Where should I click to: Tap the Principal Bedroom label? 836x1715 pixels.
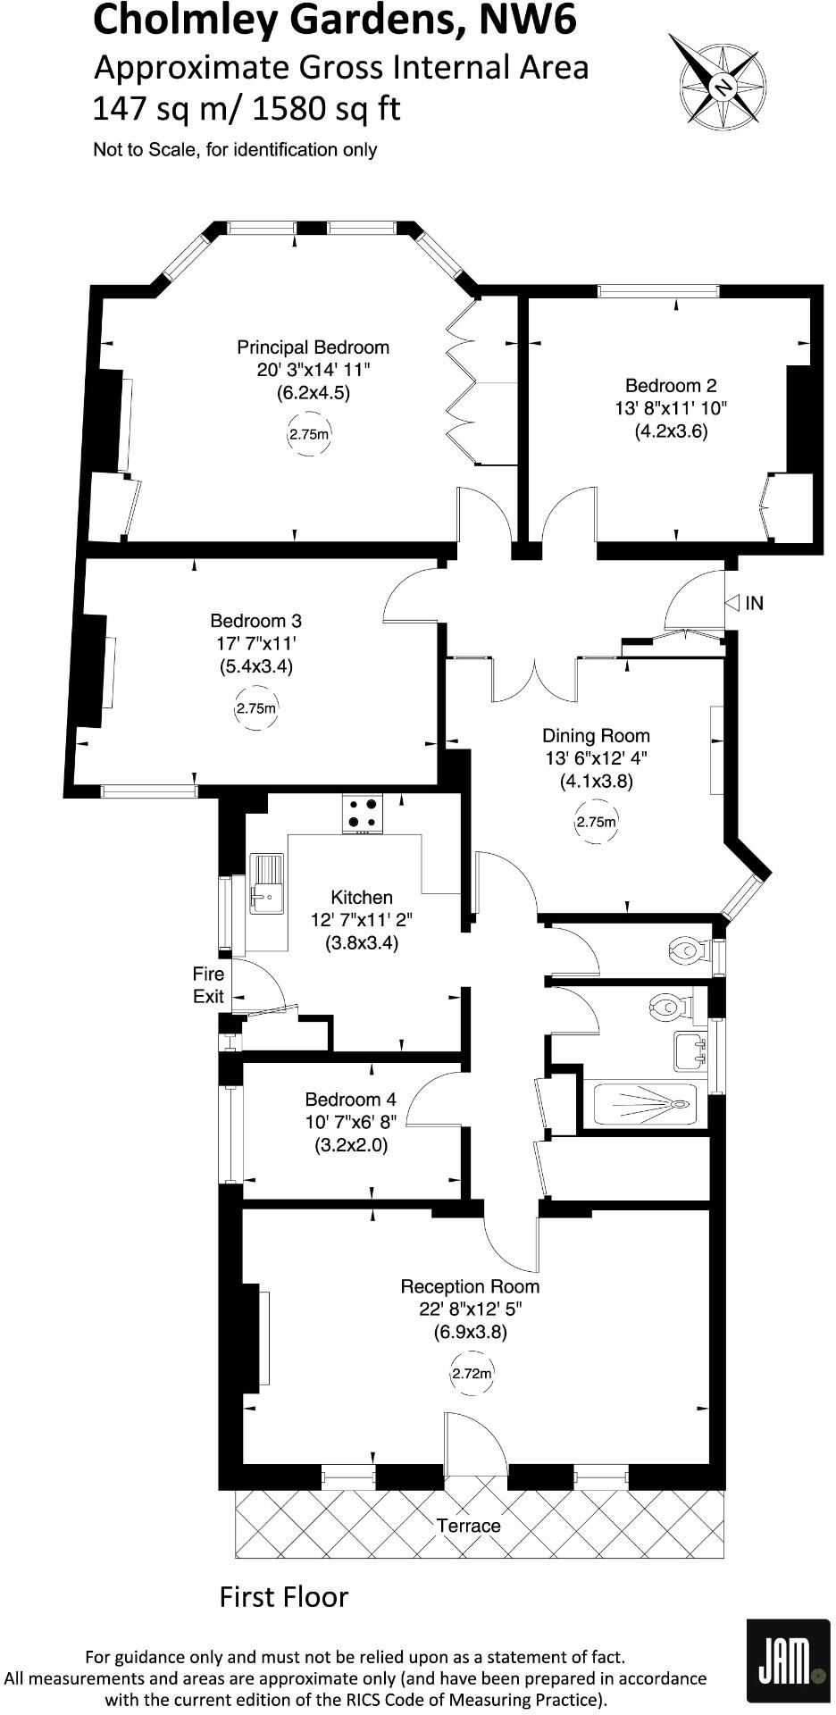[x=313, y=347]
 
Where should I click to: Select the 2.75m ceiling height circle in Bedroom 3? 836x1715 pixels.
[x=256, y=709]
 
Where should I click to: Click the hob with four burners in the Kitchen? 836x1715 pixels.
[x=363, y=812]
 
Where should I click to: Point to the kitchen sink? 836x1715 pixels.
[x=266, y=885]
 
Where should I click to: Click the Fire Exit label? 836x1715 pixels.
[x=208, y=984]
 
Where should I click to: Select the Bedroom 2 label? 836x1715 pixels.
[x=670, y=386]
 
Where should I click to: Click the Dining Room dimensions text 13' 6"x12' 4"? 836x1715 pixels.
[x=596, y=758]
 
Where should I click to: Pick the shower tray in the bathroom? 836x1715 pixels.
[x=644, y=1104]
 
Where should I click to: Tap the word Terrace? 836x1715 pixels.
[x=468, y=1526]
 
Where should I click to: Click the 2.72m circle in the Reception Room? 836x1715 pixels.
[x=472, y=1374]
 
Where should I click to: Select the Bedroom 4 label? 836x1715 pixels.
[x=350, y=1100]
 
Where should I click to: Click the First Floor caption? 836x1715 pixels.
[x=284, y=1596]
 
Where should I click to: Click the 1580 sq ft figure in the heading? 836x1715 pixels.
[x=327, y=108]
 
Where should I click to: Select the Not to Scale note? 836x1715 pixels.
[x=235, y=150]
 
